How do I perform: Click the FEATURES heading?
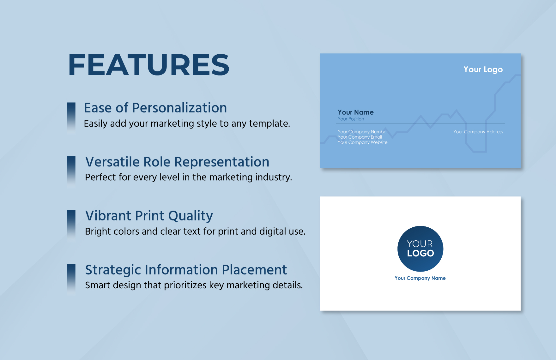[x=148, y=65]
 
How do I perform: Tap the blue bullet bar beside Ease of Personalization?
[x=71, y=117]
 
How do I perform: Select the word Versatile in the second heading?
[x=112, y=162]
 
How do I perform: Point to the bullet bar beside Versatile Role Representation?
[x=71, y=171]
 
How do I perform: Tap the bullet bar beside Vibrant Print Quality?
[x=71, y=225]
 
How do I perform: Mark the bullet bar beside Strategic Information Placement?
[x=71, y=279]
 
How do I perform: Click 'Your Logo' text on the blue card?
[x=483, y=69]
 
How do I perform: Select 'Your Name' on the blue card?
[x=355, y=112]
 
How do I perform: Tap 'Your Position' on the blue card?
[x=351, y=119]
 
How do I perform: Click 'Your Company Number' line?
[x=362, y=132]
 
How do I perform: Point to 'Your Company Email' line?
[x=360, y=137]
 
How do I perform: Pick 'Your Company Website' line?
[x=362, y=142]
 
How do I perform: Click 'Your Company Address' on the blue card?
[x=478, y=132]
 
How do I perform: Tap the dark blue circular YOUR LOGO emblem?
[x=420, y=249]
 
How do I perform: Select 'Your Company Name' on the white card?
[x=420, y=278]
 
